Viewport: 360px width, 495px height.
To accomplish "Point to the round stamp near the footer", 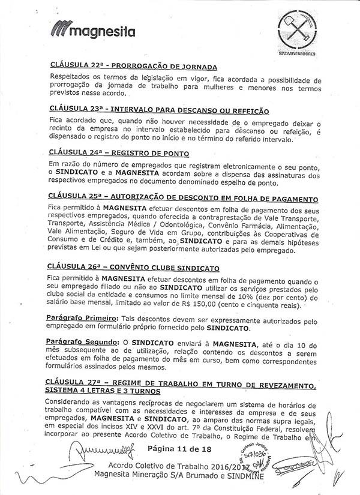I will pyautogui.click(x=247, y=458).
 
